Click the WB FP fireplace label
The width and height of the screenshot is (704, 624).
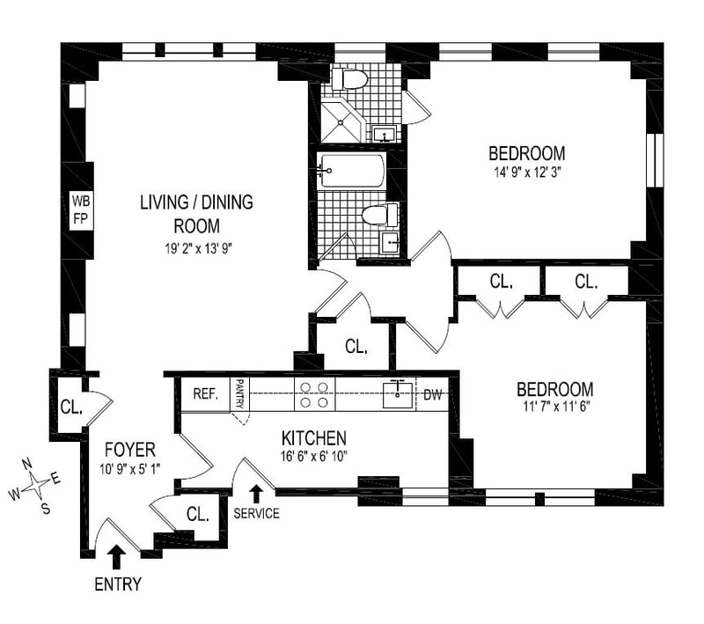tap(81, 210)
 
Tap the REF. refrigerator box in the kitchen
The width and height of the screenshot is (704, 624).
tap(206, 394)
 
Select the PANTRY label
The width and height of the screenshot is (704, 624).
tap(239, 393)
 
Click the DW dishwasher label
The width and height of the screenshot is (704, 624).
tap(433, 394)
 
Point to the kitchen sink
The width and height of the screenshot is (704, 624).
tap(398, 394)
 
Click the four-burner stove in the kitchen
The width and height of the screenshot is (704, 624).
tap(314, 394)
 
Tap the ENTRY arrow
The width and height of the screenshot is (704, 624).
tap(118, 556)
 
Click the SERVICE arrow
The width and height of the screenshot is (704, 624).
tap(256, 494)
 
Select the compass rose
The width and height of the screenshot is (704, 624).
tap(35, 486)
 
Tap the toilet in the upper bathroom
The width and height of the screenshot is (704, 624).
tap(349, 79)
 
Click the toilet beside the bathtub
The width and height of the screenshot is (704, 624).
tap(379, 215)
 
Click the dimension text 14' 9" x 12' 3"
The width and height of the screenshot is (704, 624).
tap(527, 173)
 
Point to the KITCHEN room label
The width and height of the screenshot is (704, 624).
tap(314, 438)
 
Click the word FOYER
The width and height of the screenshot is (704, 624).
tap(129, 450)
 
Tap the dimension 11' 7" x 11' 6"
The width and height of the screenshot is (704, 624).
tap(556, 407)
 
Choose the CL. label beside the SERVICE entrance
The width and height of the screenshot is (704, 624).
tap(197, 514)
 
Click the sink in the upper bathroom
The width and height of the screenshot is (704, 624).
tap(384, 134)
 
